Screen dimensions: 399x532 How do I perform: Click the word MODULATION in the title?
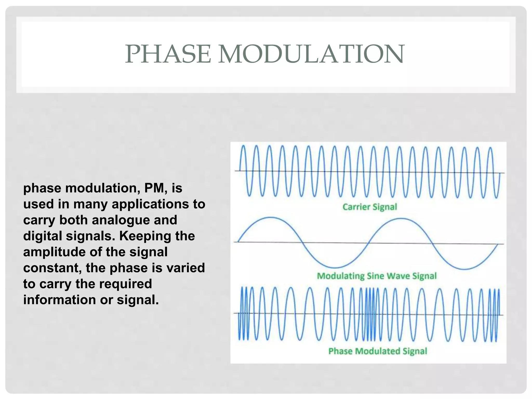311,54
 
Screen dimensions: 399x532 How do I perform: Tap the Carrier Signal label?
370,207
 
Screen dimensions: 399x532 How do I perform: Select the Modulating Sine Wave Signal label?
377,276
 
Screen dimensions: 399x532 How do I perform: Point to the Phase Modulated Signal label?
377,351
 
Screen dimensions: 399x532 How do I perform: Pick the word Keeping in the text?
145,236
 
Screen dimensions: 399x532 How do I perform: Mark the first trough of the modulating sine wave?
335,268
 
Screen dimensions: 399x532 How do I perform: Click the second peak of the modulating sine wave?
401,219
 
